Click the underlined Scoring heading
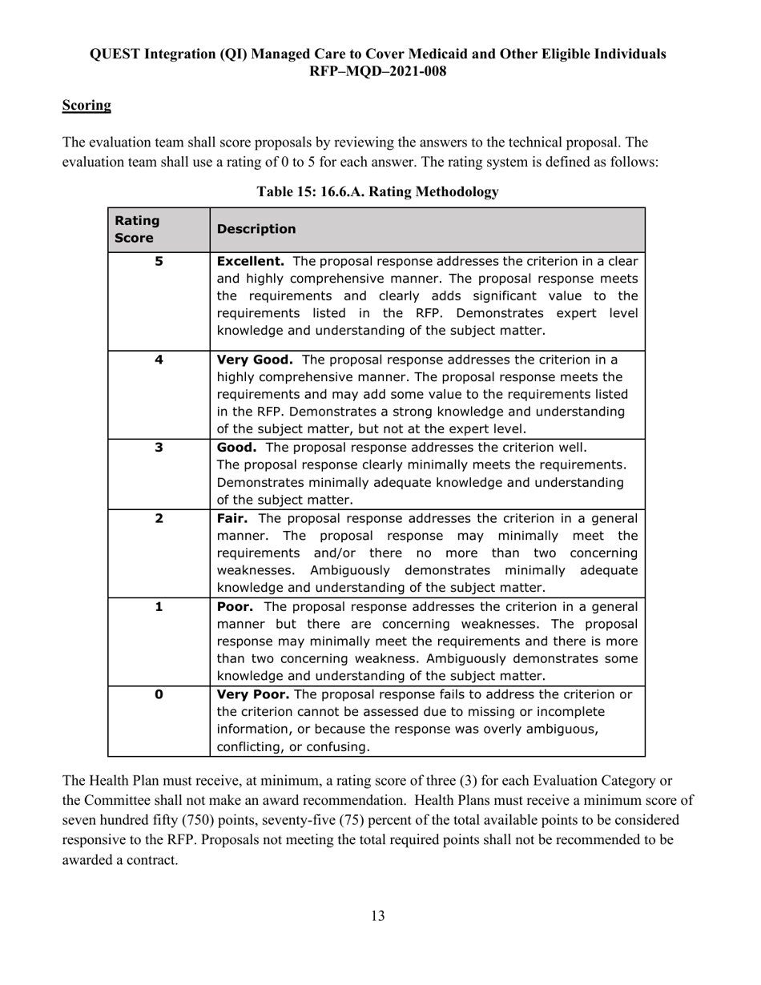pos(87,105)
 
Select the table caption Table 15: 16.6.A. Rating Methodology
pos(377,191)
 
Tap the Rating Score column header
pos(137,229)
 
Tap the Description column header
pos(256,229)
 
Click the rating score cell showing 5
pos(159,260)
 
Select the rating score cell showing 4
pos(159,360)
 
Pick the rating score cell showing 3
pos(159,447)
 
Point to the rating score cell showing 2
pos(159,518)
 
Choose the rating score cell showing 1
pos(159,606)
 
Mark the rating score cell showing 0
pos(159,694)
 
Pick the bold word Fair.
pos(234,518)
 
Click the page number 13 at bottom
pos(377,916)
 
